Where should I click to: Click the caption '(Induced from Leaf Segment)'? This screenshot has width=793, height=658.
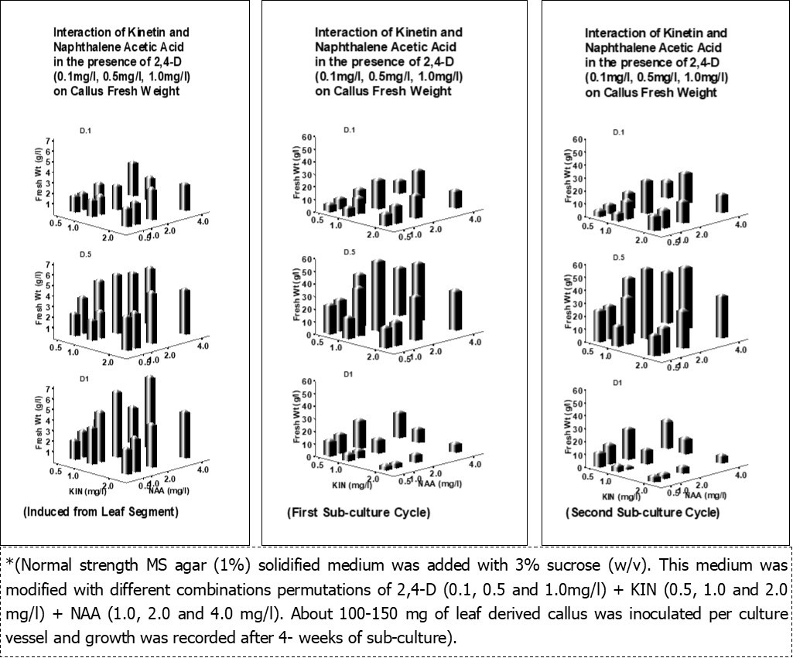[101, 511]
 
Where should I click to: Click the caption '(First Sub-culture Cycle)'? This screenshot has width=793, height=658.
[358, 513]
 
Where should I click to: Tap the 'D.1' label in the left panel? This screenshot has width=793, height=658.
[87, 129]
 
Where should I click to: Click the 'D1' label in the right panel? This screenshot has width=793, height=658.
[617, 383]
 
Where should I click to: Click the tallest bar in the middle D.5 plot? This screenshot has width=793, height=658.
[378, 302]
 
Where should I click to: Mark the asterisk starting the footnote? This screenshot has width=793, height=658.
[9, 562]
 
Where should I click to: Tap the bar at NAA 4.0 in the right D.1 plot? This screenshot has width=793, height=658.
[721, 202]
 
